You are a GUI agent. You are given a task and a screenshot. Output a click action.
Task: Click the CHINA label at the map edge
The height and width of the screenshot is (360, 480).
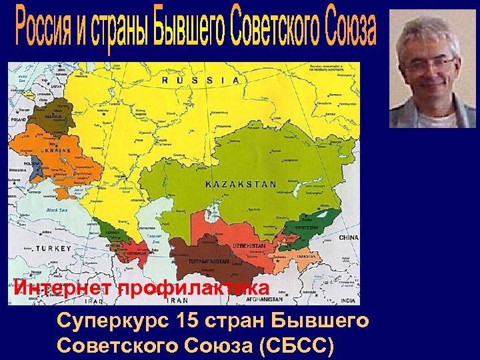tap(348, 237)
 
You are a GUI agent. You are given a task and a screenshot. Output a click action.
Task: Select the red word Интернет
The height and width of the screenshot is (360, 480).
tap(62, 289)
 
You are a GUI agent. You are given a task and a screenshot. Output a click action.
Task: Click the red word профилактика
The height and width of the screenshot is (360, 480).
tap(194, 289)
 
